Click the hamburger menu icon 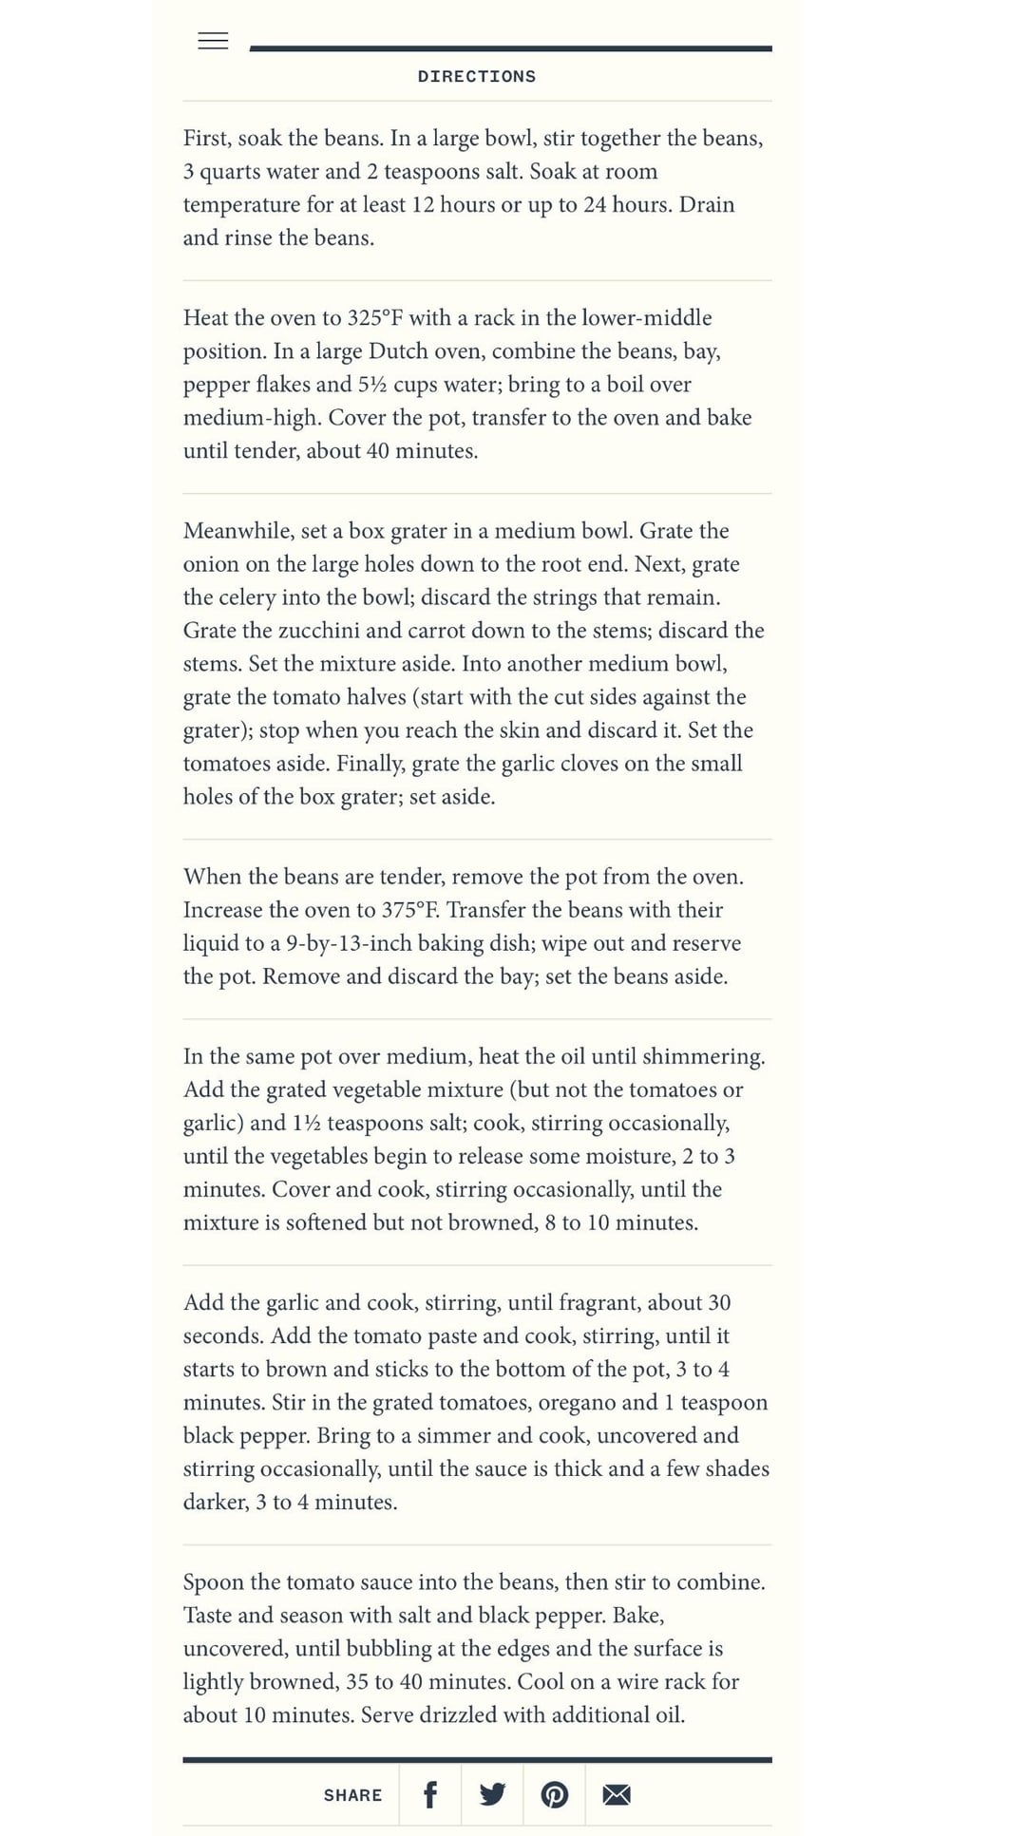click(x=213, y=41)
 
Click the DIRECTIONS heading click(x=476, y=77)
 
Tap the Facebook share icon click(x=429, y=1794)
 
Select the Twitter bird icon click(x=492, y=1794)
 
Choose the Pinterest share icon click(x=555, y=1794)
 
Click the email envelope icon click(x=617, y=1794)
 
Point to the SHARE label click(x=352, y=1795)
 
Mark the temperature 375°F click(x=410, y=910)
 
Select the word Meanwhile click(x=238, y=531)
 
